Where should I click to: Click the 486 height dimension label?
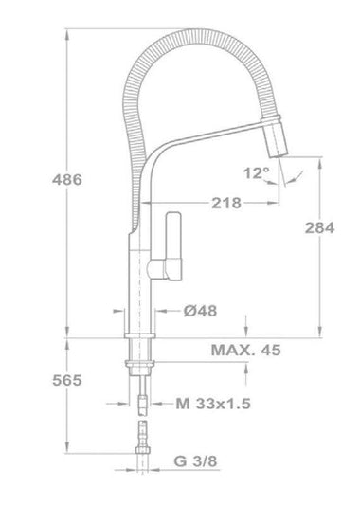(67, 179)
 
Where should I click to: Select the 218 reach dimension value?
(226, 203)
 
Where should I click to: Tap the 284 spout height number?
(320, 227)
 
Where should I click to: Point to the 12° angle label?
(257, 173)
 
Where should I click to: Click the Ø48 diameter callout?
(200, 311)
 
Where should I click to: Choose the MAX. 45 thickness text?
(245, 350)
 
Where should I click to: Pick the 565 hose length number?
(67, 380)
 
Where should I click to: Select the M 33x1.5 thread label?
(213, 404)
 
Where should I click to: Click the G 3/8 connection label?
(195, 460)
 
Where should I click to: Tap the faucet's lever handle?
(173, 245)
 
